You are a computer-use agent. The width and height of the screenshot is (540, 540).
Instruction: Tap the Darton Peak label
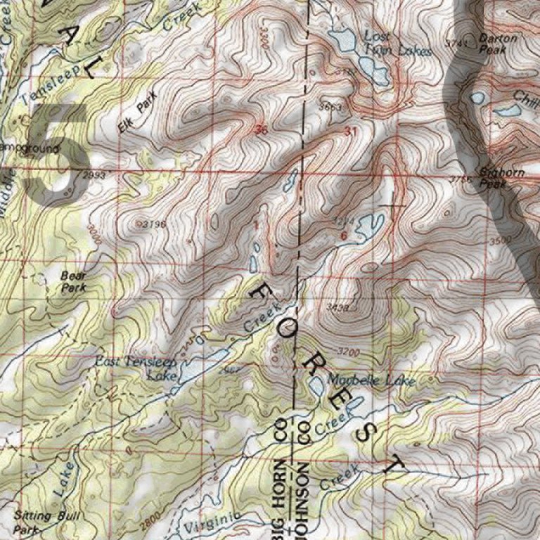tap(496, 44)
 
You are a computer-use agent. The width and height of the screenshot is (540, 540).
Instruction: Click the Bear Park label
tap(73, 282)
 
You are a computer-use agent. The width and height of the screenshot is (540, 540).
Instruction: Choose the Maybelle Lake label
tap(371, 380)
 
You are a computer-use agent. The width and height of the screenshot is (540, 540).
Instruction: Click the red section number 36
tap(262, 130)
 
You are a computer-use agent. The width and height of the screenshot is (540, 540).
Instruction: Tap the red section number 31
tap(351, 131)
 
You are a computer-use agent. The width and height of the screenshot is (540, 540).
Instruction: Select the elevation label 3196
tap(152, 224)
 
